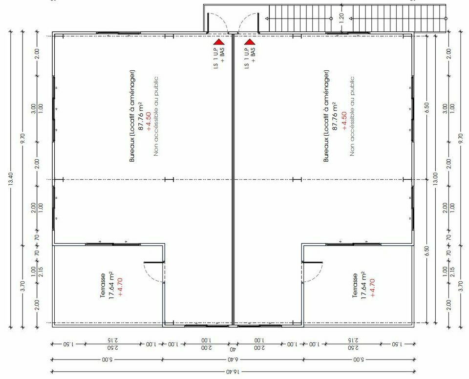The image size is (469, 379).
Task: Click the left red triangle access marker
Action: (x=219, y=42)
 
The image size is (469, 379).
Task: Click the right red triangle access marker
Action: (x=250, y=42)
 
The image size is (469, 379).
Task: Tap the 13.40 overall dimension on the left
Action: (x=11, y=179)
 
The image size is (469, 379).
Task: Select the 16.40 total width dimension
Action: (x=234, y=372)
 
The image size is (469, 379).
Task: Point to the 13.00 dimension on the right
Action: (x=435, y=179)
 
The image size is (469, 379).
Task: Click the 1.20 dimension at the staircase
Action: (x=342, y=18)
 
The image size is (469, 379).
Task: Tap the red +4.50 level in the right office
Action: (x=344, y=121)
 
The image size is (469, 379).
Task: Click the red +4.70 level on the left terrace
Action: (x=120, y=287)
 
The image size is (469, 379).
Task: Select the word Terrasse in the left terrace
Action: (x=103, y=285)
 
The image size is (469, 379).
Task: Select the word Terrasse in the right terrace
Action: (x=355, y=285)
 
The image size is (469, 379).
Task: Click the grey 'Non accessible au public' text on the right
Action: (x=352, y=116)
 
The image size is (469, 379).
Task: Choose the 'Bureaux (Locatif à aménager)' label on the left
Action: (x=132, y=116)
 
